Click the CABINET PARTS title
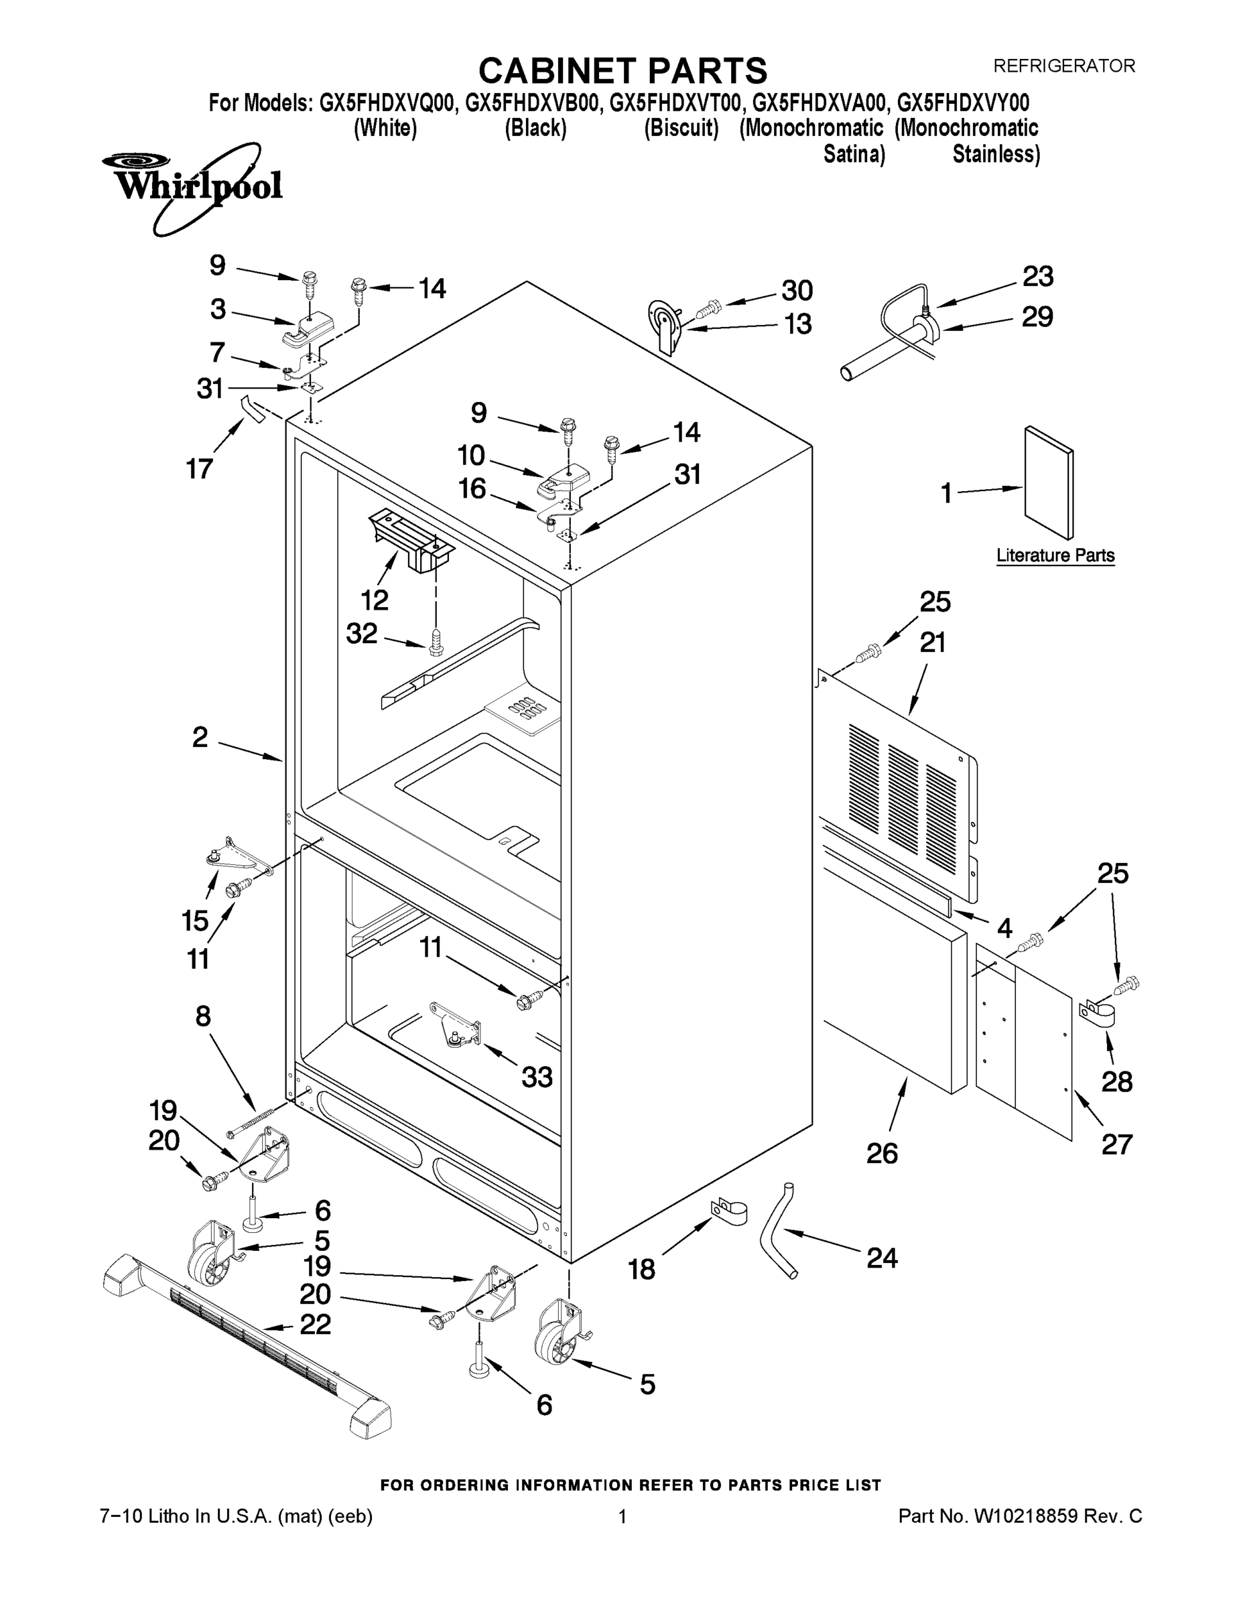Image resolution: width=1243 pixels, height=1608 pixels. tap(623, 72)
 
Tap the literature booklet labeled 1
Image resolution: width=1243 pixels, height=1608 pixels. tap(1049, 482)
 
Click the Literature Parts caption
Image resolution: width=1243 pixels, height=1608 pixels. tap(1055, 555)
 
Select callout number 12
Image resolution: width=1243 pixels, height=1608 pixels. tap(374, 600)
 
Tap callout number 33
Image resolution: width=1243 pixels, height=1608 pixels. tap(537, 1077)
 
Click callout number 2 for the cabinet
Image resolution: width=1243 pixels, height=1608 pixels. tap(200, 737)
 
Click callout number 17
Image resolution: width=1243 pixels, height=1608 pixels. tap(199, 468)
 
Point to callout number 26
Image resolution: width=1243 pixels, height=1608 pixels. tap(881, 1153)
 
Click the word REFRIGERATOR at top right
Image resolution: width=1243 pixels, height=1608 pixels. tap(1064, 66)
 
